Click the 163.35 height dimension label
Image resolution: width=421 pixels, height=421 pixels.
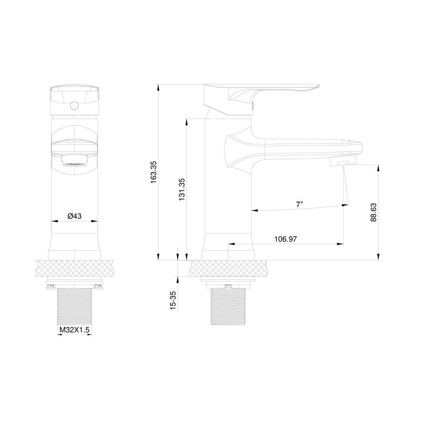pyautogui.click(x=153, y=172)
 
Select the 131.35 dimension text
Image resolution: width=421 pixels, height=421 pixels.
pyautogui.click(x=182, y=189)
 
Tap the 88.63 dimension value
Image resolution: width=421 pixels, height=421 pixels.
pyautogui.click(x=373, y=212)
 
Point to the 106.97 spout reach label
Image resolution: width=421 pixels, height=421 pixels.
pyautogui.click(x=285, y=239)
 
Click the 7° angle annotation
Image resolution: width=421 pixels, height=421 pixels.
pyautogui.click(x=299, y=204)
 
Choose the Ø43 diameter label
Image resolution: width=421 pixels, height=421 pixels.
pyautogui.click(x=74, y=216)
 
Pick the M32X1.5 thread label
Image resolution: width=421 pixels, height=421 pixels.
pyautogui.click(x=74, y=330)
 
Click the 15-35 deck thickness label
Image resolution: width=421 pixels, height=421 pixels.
pyautogui.click(x=174, y=301)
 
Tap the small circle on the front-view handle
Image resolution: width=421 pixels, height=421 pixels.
pyautogui.click(x=75, y=106)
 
